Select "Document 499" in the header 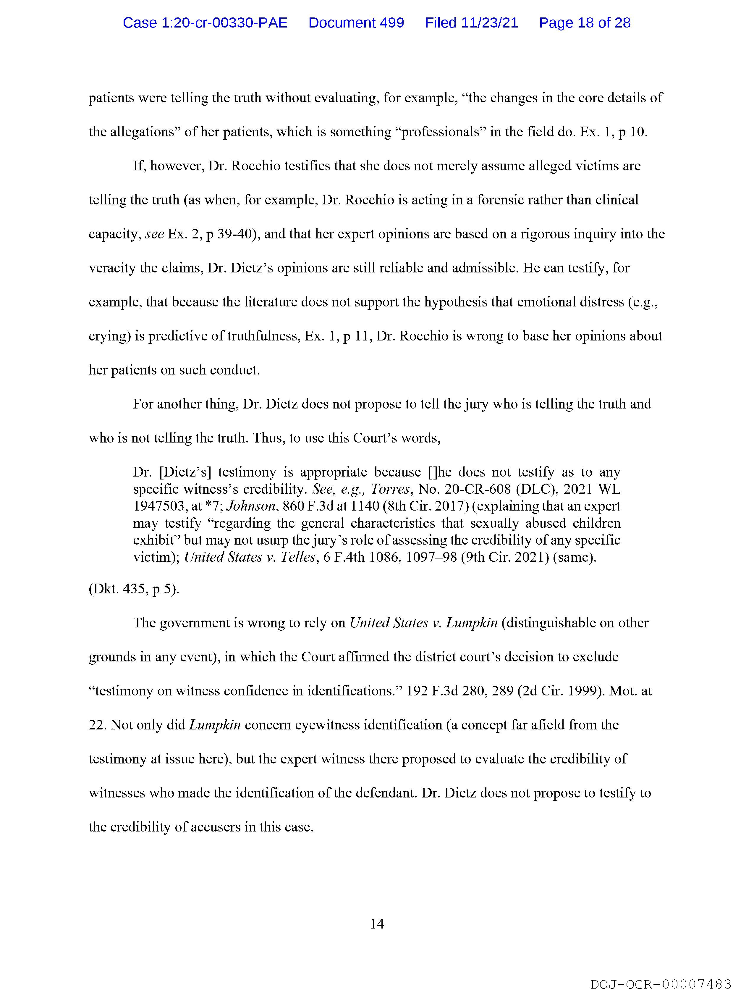(356, 22)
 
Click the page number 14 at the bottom (377, 923)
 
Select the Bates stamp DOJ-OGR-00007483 (661, 984)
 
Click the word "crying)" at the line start (109, 336)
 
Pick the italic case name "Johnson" (250, 506)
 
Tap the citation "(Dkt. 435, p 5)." (134, 589)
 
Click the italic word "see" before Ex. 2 (154, 234)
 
